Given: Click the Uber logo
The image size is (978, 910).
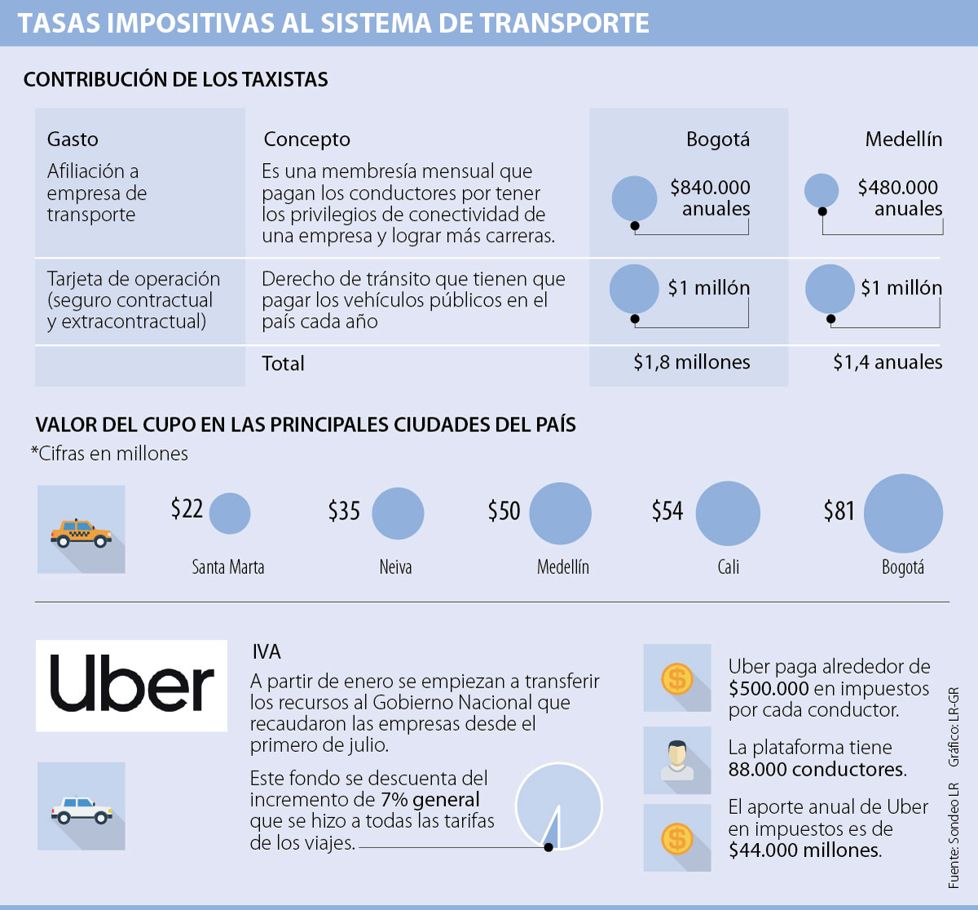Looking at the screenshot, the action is pyautogui.click(x=131, y=685).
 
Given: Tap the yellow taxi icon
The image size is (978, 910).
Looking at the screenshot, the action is pyautogui.click(x=81, y=533).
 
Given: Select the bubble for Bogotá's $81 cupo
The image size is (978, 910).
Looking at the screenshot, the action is pyautogui.click(x=903, y=514).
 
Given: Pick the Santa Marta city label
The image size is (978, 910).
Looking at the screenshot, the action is pyautogui.click(x=228, y=567).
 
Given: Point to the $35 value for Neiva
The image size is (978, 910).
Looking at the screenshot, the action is pyautogui.click(x=344, y=510).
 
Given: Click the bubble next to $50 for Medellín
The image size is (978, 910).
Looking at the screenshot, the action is pyautogui.click(x=561, y=514).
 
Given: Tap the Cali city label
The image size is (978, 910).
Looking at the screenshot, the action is pyautogui.click(x=729, y=567).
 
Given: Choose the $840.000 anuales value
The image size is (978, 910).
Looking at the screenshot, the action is pyautogui.click(x=710, y=197).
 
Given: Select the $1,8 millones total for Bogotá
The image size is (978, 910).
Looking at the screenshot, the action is pyautogui.click(x=692, y=362).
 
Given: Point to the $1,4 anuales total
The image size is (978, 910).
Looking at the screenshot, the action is pyautogui.click(x=888, y=362).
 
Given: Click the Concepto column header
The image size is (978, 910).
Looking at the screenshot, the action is pyautogui.click(x=306, y=139).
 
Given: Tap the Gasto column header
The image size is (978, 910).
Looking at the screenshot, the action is pyautogui.click(x=73, y=139).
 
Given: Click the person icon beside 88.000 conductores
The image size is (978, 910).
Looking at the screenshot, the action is pyautogui.click(x=677, y=760).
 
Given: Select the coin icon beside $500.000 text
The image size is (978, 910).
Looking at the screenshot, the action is pyautogui.click(x=677, y=678).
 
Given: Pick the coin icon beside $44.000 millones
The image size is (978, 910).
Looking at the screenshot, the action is pyautogui.click(x=677, y=838).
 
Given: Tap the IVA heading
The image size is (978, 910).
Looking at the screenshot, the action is pyautogui.click(x=267, y=652).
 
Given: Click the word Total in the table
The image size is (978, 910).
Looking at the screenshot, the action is pyautogui.click(x=283, y=364).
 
